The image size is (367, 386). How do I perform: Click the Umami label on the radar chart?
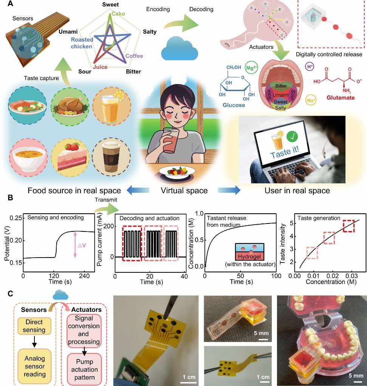click(68, 32)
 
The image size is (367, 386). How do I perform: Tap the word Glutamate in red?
click(341, 98)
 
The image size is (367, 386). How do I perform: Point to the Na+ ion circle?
click(311, 100)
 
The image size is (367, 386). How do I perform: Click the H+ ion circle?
click(310, 66)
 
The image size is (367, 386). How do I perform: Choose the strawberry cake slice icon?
click(70, 157)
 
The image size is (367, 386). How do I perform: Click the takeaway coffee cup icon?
click(111, 157)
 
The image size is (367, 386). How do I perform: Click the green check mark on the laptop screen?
click(292, 136)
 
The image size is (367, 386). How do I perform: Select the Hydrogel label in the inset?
click(249, 256)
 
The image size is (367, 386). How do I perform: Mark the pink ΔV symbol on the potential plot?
click(82, 245)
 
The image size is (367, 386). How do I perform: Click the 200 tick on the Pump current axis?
click(108, 226)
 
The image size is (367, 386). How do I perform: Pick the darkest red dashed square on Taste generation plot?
click(348, 226)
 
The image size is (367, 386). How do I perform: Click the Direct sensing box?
click(34, 326)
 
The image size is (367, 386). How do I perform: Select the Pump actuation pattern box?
click(84, 369)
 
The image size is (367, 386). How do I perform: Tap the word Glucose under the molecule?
click(234, 105)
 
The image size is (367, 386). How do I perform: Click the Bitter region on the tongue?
click(281, 86)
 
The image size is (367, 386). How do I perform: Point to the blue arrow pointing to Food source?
click(138, 190)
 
